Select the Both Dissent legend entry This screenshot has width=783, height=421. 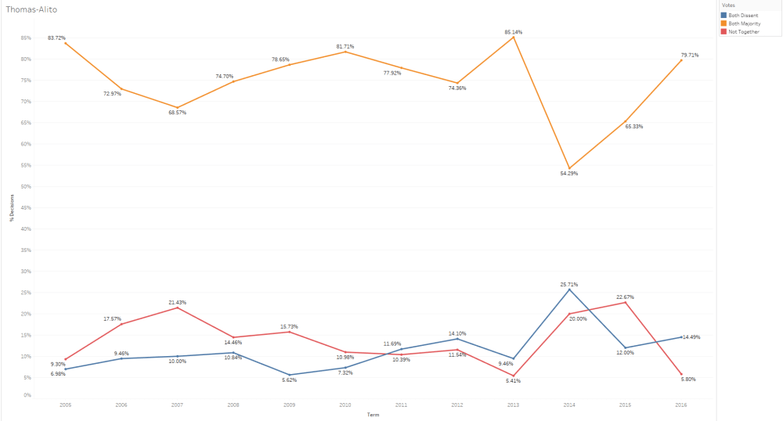[744, 15]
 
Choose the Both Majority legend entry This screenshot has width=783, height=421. [745, 23]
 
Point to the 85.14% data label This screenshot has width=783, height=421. [514, 32]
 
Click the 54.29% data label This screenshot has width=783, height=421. [569, 173]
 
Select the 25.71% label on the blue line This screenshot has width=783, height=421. [569, 284]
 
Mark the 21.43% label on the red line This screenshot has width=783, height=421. [178, 302]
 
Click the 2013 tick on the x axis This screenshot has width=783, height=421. [514, 405]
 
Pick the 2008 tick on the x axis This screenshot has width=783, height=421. [233, 405]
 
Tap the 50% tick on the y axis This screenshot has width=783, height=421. [27, 186]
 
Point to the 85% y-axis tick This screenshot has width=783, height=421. [27, 38]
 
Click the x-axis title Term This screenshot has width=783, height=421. [373, 415]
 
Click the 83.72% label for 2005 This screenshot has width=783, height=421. [56, 38]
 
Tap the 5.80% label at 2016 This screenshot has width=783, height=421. [690, 379]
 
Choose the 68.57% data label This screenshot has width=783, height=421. [178, 113]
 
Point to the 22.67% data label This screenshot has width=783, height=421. [625, 297]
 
